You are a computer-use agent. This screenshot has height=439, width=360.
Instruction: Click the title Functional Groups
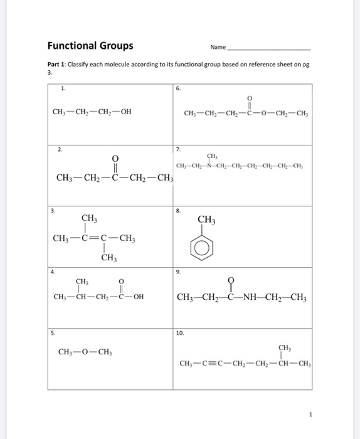pos(90,46)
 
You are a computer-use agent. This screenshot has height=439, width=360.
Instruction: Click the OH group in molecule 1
pos(125,113)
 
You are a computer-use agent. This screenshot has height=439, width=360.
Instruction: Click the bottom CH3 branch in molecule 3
pos(109,258)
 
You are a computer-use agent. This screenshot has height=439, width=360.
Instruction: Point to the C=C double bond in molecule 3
pos(99,238)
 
